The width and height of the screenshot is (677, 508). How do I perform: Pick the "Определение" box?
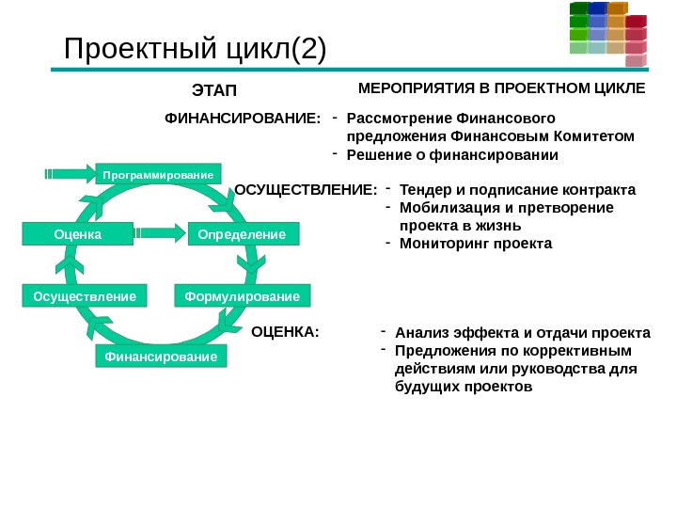click(243, 232)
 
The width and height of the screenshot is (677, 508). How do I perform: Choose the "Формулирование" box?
click(242, 297)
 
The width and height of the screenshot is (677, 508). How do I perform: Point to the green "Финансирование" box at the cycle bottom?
click(161, 357)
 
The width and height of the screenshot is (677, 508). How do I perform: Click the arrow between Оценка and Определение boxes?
click(159, 231)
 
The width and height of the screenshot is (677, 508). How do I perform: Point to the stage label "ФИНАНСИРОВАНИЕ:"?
click(244, 119)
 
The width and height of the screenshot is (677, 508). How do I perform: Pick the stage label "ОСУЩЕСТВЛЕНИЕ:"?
click(306, 191)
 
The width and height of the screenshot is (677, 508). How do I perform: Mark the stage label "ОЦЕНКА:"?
click(286, 332)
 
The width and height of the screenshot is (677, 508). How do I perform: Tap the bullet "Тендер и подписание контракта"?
click(517, 190)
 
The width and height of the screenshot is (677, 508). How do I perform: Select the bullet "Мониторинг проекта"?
click(476, 244)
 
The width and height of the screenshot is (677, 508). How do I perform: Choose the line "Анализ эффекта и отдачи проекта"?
click(522, 333)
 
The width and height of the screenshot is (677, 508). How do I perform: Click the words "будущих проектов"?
click(458, 387)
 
